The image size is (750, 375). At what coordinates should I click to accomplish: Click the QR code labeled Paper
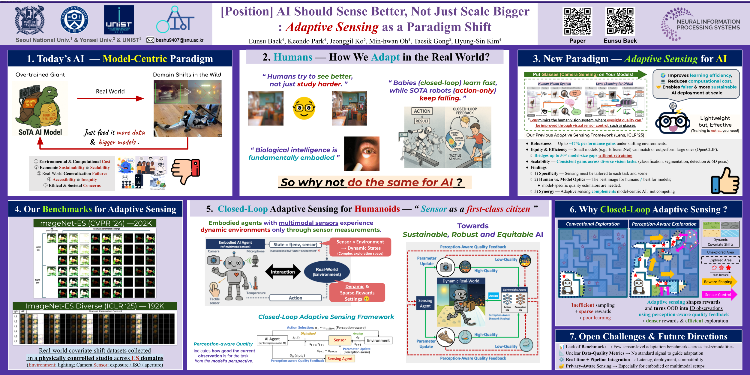577,21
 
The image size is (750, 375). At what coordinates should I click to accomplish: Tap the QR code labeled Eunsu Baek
620,21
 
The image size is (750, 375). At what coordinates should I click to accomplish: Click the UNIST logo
119,20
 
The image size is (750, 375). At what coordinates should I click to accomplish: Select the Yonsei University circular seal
74,20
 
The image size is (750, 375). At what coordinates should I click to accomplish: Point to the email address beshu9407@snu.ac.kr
179,40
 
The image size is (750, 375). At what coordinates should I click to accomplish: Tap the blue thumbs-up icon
724,181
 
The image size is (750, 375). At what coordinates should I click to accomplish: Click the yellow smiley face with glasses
304,108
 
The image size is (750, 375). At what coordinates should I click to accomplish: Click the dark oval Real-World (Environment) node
327,272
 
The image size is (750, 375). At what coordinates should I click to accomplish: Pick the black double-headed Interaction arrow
283,272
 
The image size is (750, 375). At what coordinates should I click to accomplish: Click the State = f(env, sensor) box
295,244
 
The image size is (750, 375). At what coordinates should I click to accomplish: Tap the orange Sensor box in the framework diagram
340,340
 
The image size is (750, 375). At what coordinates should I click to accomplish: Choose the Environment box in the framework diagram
378,340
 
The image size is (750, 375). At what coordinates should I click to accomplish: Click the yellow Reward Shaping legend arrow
719,282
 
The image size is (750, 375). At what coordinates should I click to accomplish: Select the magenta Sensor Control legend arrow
719,295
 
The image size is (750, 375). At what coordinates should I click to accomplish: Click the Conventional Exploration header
592,224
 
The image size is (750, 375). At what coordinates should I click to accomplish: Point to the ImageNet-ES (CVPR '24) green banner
95,223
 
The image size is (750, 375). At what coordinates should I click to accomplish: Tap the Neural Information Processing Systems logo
700,25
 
